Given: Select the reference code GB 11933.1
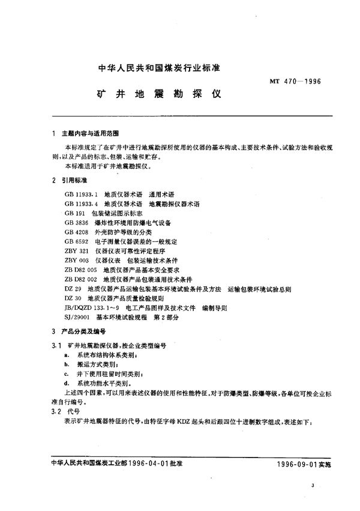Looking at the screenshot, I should point(80,195).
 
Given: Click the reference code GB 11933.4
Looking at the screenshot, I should point(80,204).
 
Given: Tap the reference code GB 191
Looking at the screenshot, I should point(72,213).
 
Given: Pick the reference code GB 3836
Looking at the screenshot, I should point(74,222).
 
